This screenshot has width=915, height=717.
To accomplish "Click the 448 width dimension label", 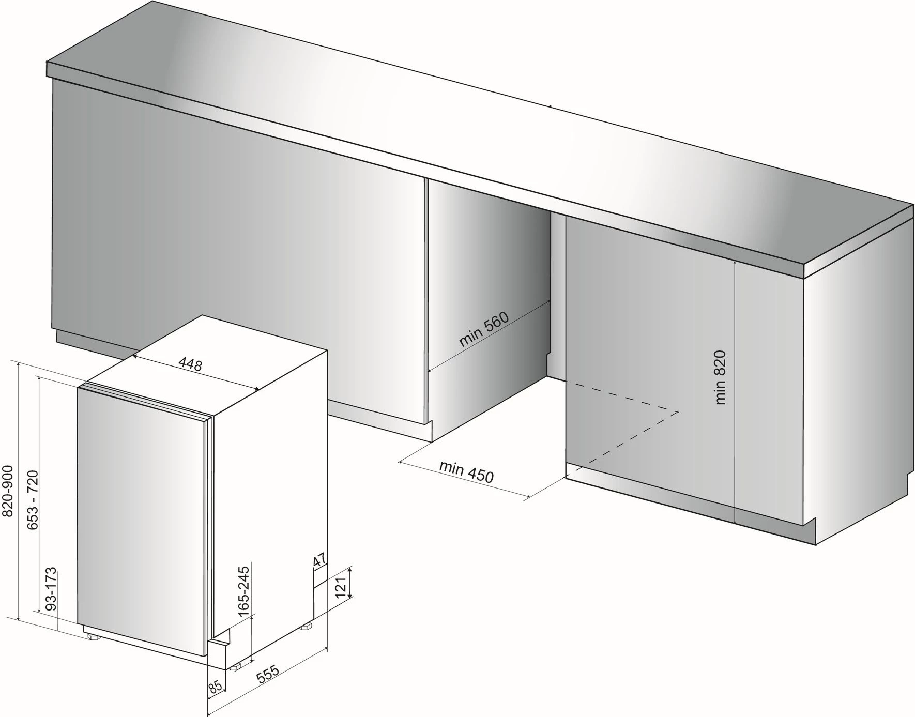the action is coord(190,364).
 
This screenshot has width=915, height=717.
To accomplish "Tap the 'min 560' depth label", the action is coord(484,329).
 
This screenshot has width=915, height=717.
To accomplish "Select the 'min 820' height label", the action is coord(721,377).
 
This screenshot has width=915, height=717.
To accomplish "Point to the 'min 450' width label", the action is coord(466,471).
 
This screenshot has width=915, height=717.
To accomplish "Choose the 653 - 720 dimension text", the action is coord(32,499).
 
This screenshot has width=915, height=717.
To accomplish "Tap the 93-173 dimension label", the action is coord(51,590).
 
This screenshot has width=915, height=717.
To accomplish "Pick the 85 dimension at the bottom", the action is coord(216,687).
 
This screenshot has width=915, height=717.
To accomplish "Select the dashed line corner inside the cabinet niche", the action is coord(677,411).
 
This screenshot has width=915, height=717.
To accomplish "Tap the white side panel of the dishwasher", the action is coord(269,496).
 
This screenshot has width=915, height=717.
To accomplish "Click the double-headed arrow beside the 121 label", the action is coord(350,583).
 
